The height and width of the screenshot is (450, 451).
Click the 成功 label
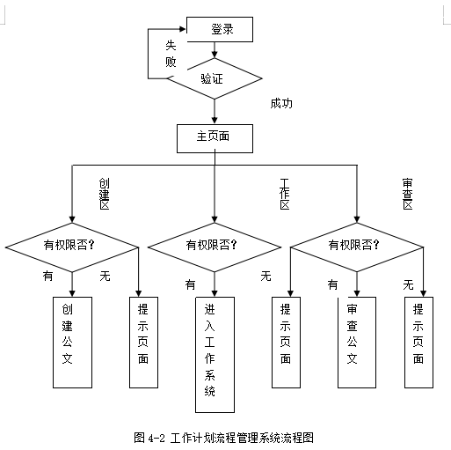coord(281,104)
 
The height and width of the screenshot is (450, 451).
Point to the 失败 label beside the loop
coord(171,54)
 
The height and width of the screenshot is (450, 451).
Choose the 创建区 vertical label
coord(104,194)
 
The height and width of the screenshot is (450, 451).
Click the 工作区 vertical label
coord(285,194)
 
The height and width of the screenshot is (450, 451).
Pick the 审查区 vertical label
coord(408,194)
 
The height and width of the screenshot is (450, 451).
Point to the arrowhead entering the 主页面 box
coord(215,121)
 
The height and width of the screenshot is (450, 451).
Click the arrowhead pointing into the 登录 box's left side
coord(183,29)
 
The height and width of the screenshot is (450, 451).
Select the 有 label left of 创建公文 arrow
coord(47,276)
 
